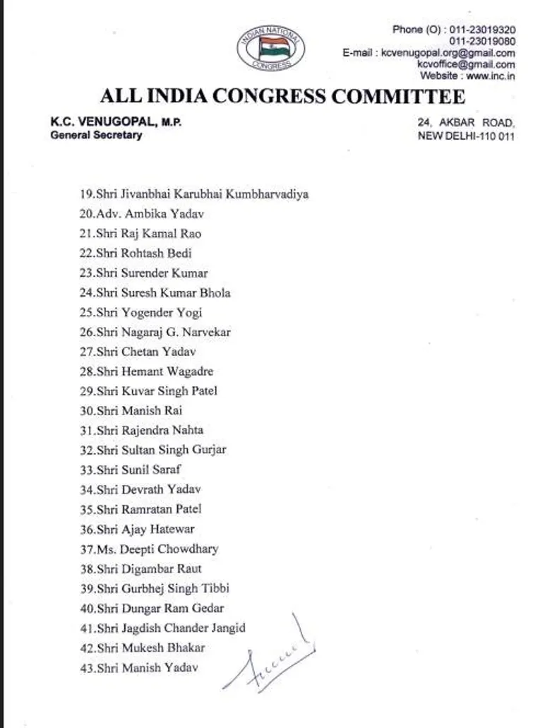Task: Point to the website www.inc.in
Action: [x=490, y=76]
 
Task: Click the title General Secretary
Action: [x=96, y=135]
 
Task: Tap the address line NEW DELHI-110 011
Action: [x=466, y=136]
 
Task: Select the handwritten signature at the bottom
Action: [x=272, y=657]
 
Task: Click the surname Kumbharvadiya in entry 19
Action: [x=265, y=193]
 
